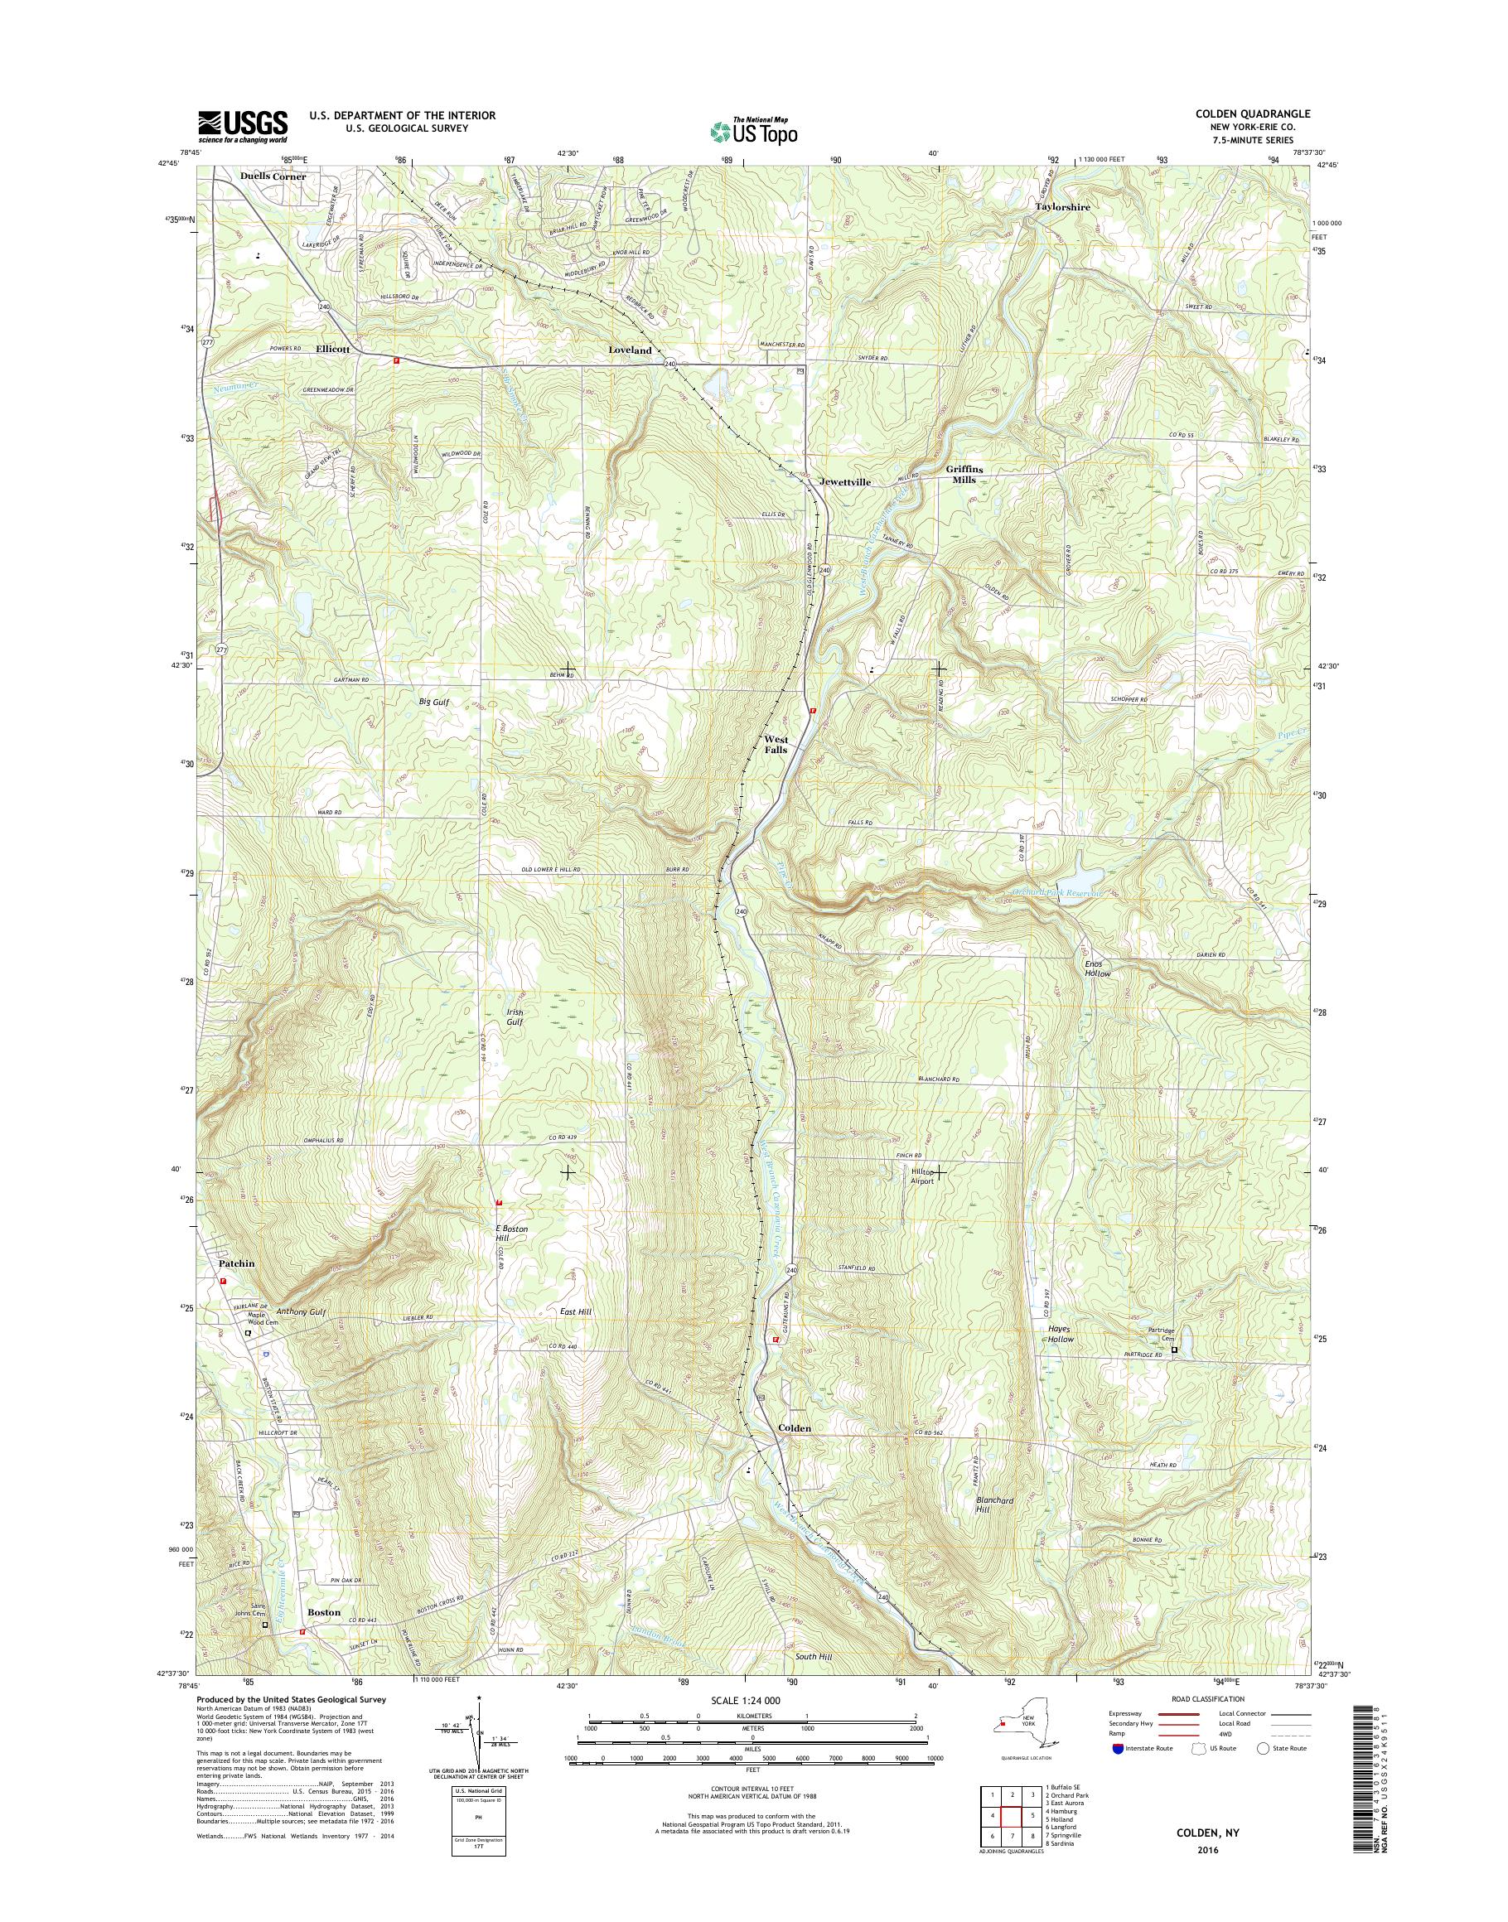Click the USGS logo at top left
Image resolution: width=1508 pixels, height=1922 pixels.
243,126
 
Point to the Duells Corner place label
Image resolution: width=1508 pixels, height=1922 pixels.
273,176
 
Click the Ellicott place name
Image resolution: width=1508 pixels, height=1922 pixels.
333,350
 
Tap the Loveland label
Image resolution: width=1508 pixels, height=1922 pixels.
630,350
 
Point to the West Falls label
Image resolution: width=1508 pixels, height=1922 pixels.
776,743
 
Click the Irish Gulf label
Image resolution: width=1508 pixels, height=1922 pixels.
515,1017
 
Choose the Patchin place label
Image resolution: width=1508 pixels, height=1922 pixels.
237,1263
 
